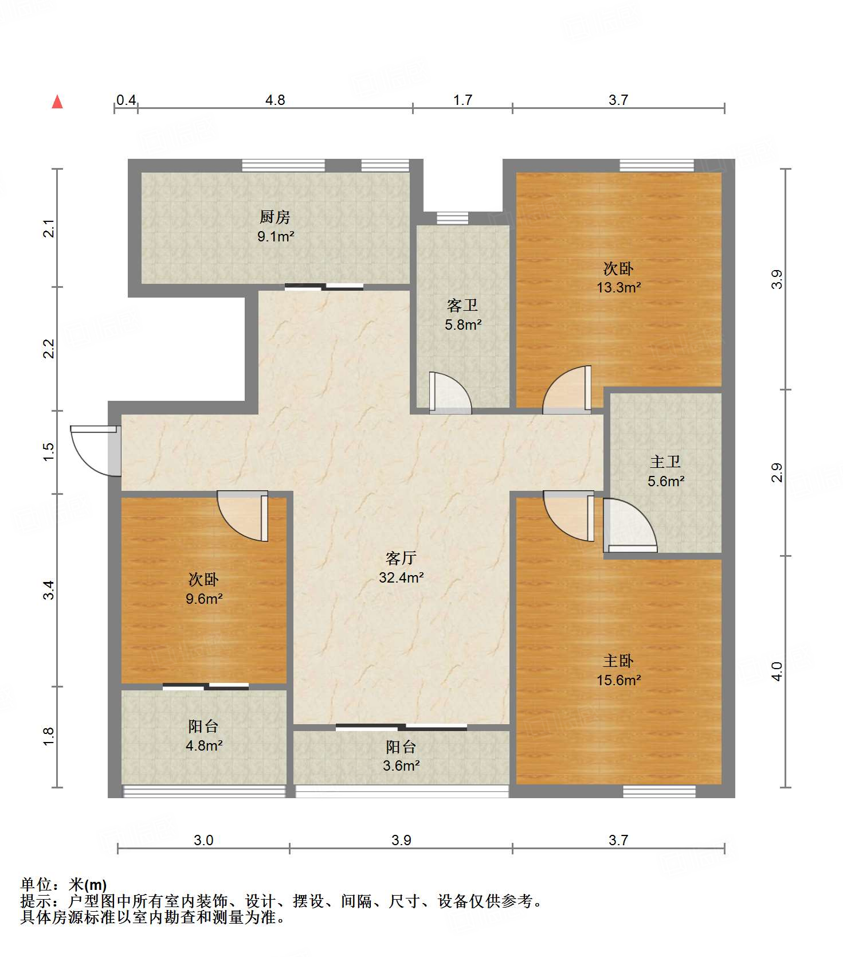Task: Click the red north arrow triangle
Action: (57, 102)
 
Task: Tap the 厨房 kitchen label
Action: (275, 217)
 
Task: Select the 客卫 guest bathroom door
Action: (450, 393)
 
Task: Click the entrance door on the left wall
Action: (96, 451)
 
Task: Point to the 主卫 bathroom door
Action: (630, 525)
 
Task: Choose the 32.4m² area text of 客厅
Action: (401, 577)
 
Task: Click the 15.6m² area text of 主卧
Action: (618, 680)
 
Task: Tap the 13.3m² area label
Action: (618, 287)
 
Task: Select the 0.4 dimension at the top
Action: (126, 100)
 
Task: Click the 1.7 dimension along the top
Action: (462, 100)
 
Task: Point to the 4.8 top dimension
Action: (275, 100)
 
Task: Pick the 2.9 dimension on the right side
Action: (777, 472)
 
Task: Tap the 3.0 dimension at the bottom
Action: (203, 841)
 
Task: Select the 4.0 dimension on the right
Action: (777, 671)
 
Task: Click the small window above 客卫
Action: (452, 218)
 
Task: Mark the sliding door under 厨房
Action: (324, 287)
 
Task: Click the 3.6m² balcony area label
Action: (401, 765)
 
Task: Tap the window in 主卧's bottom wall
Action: (660, 791)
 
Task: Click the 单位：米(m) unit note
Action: (64, 885)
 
